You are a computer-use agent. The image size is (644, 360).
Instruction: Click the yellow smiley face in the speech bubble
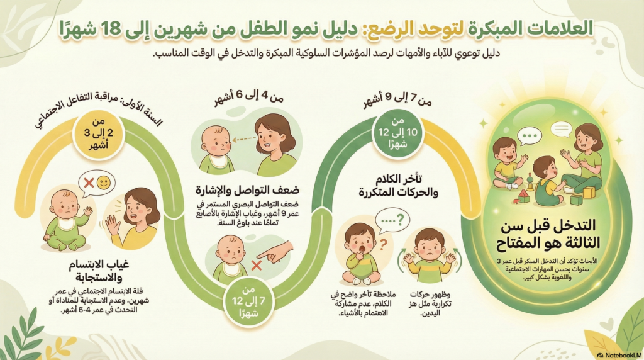pyautogui.click(x=104, y=183)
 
